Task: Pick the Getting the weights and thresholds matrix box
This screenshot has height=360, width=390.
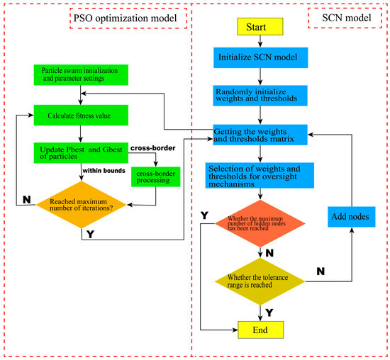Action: (264, 133)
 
